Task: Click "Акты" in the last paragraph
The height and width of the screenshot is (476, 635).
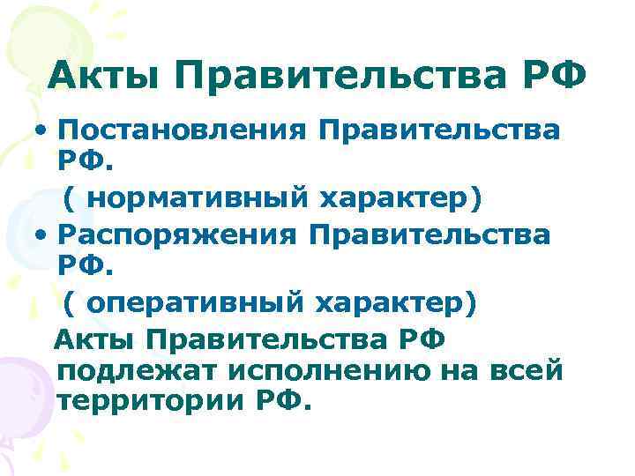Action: (x=96, y=338)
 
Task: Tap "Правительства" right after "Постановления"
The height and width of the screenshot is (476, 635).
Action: (x=439, y=131)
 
